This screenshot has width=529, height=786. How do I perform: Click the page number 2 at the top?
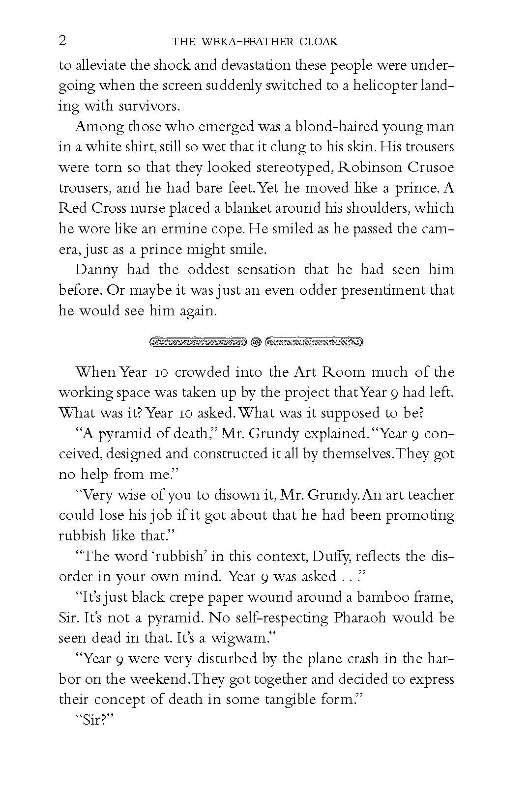(x=62, y=41)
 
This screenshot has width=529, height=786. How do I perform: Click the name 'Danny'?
(x=96, y=269)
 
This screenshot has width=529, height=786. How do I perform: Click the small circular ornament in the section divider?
(x=255, y=341)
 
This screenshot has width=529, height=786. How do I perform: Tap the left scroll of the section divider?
(x=198, y=341)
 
